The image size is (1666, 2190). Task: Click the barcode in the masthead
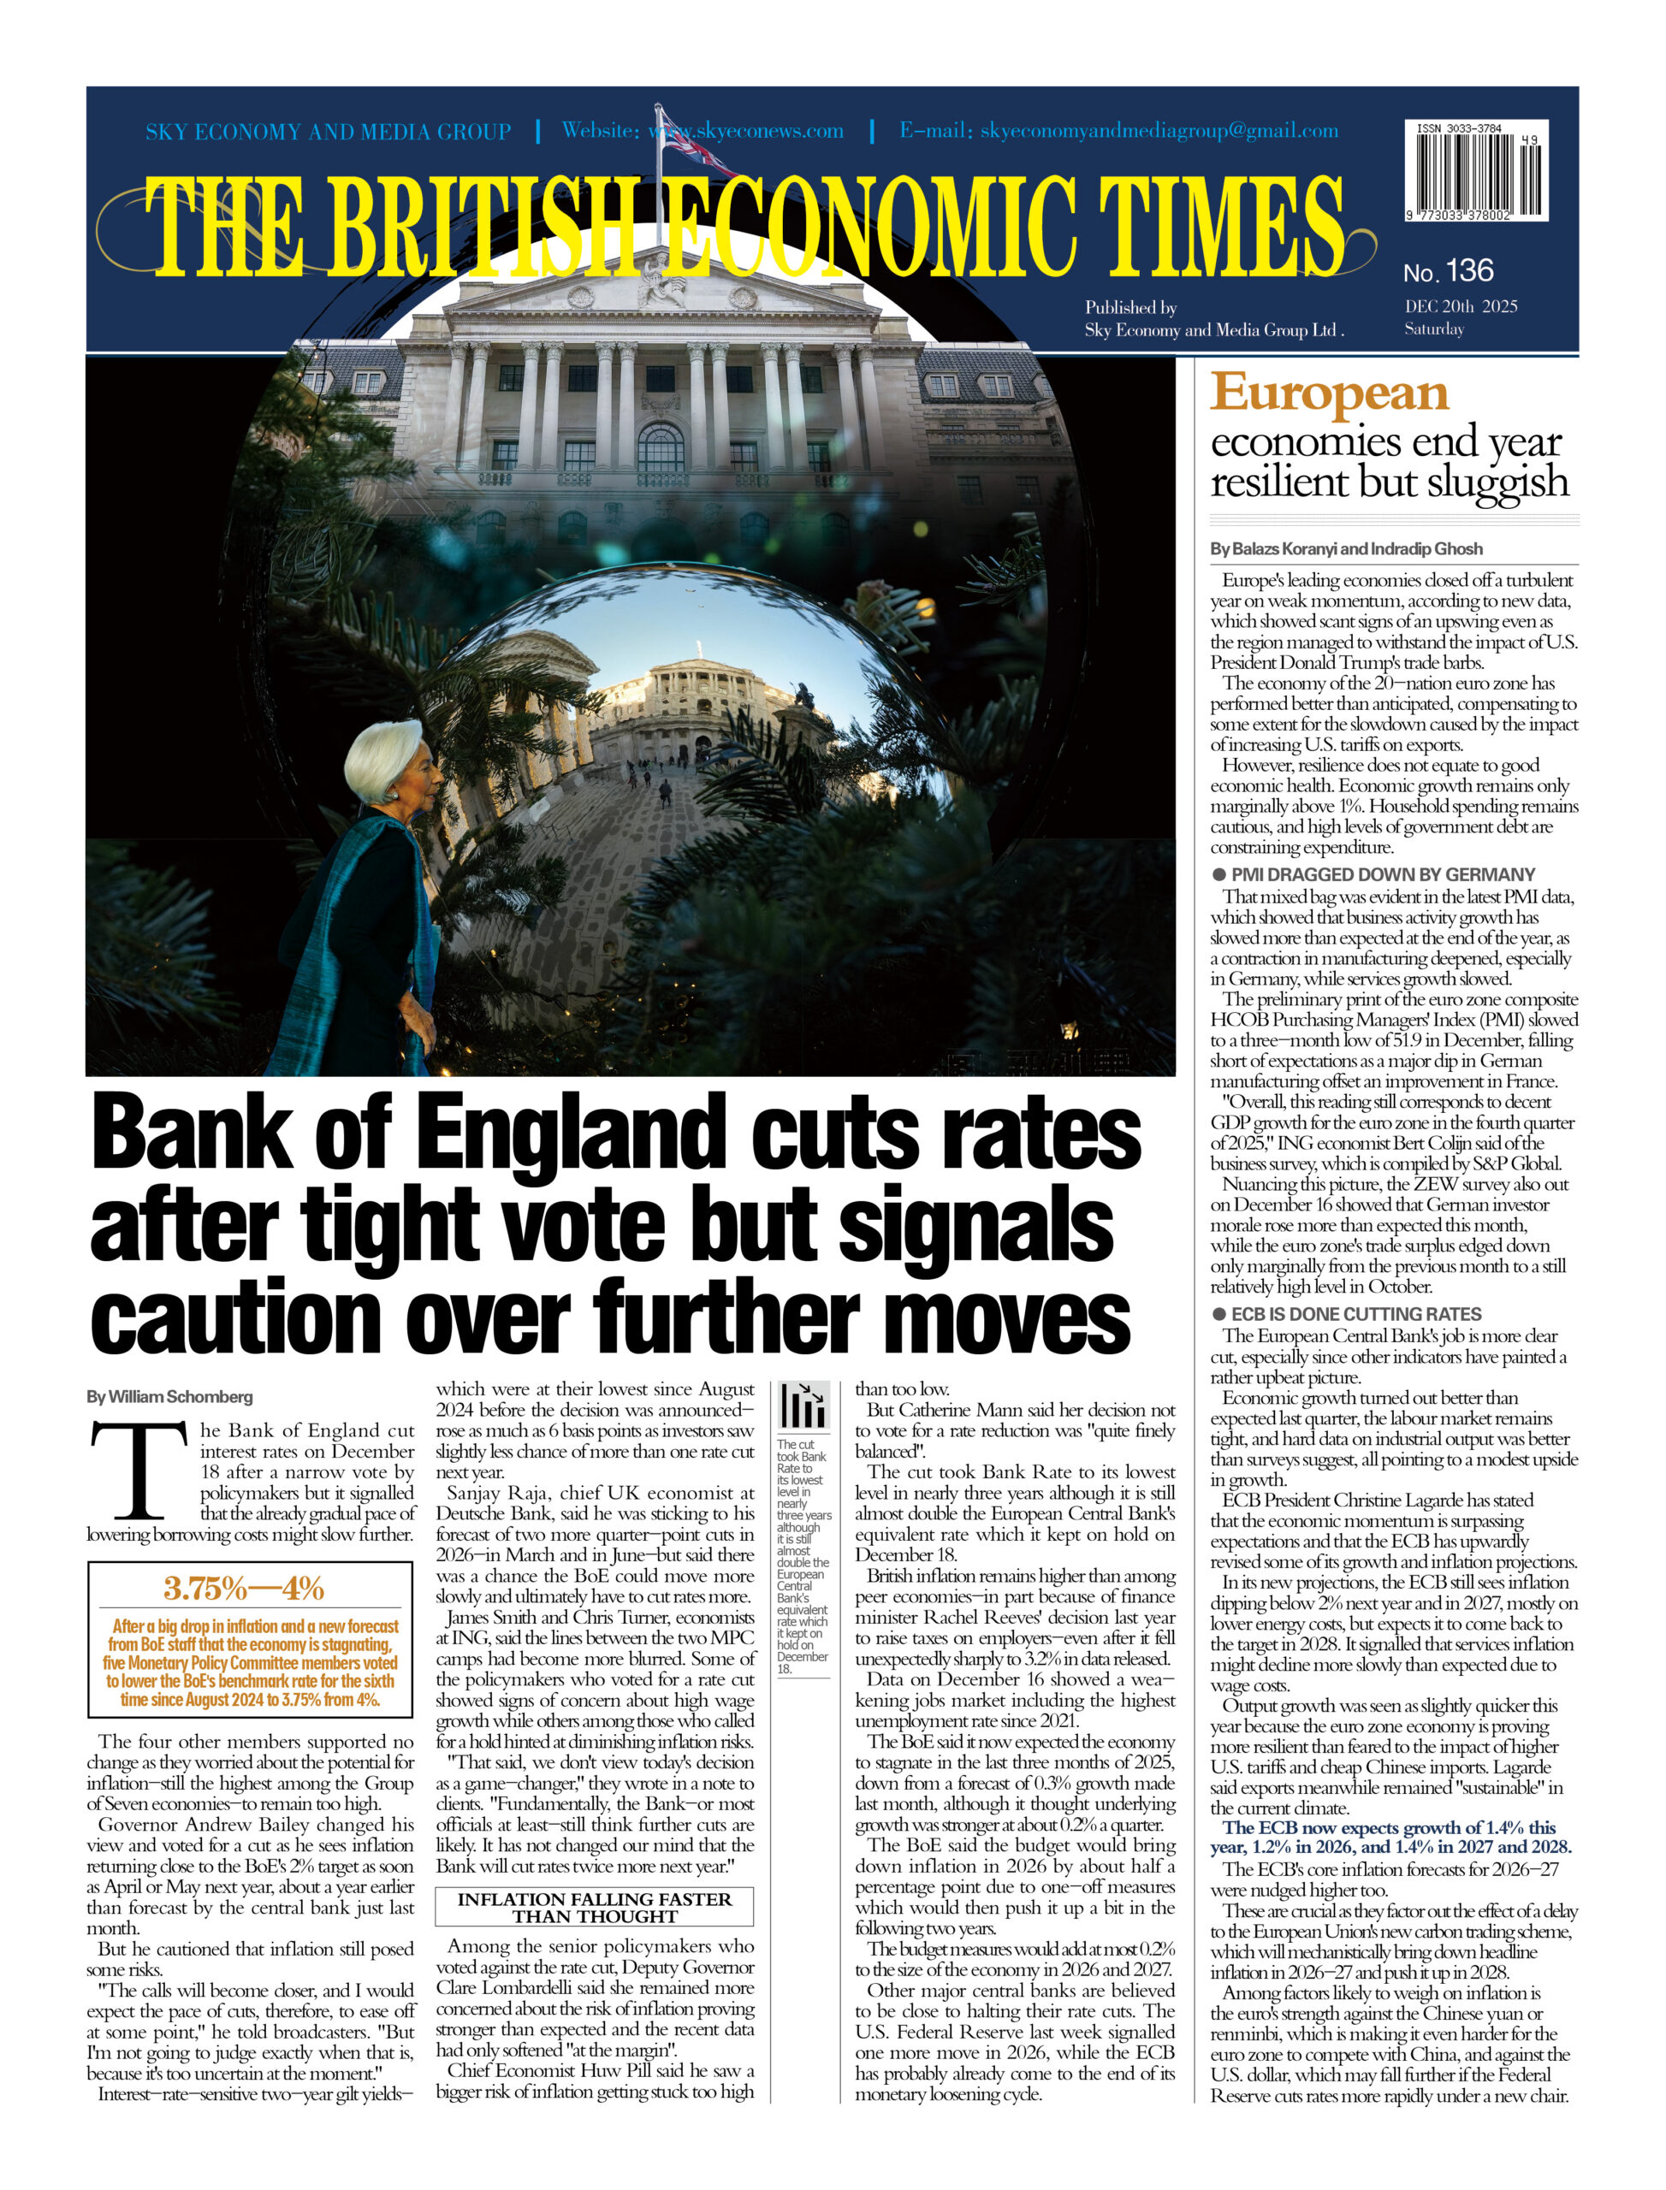(1475, 171)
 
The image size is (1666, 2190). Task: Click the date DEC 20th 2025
(1460, 306)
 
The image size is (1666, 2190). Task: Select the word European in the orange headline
(1329, 394)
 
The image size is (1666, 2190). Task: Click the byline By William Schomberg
(169, 1396)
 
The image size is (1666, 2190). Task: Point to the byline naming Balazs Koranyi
(1346, 548)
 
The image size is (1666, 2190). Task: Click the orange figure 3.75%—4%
(244, 1589)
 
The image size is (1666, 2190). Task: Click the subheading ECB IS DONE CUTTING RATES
(1355, 1314)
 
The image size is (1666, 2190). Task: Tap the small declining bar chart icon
(804, 1405)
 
